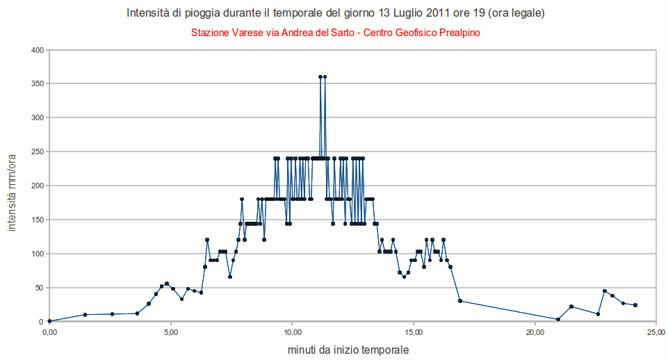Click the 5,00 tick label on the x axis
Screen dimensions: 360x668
click(x=170, y=333)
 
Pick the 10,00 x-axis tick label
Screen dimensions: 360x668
click(x=292, y=333)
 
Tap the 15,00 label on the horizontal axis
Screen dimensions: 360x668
click(x=414, y=333)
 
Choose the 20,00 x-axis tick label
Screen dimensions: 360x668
click(x=535, y=333)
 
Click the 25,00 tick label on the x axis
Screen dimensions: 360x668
click(x=656, y=333)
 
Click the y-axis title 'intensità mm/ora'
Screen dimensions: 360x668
click(x=12, y=186)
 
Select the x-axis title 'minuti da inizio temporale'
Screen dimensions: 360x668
click(x=348, y=350)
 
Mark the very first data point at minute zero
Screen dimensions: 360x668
click(x=49, y=321)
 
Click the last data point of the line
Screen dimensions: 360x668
click(x=635, y=305)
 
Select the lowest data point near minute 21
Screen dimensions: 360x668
click(x=558, y=320)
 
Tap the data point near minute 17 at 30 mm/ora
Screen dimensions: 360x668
click(x=460, y=301)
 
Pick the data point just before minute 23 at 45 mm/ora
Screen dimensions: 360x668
click(x=605, y=291)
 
